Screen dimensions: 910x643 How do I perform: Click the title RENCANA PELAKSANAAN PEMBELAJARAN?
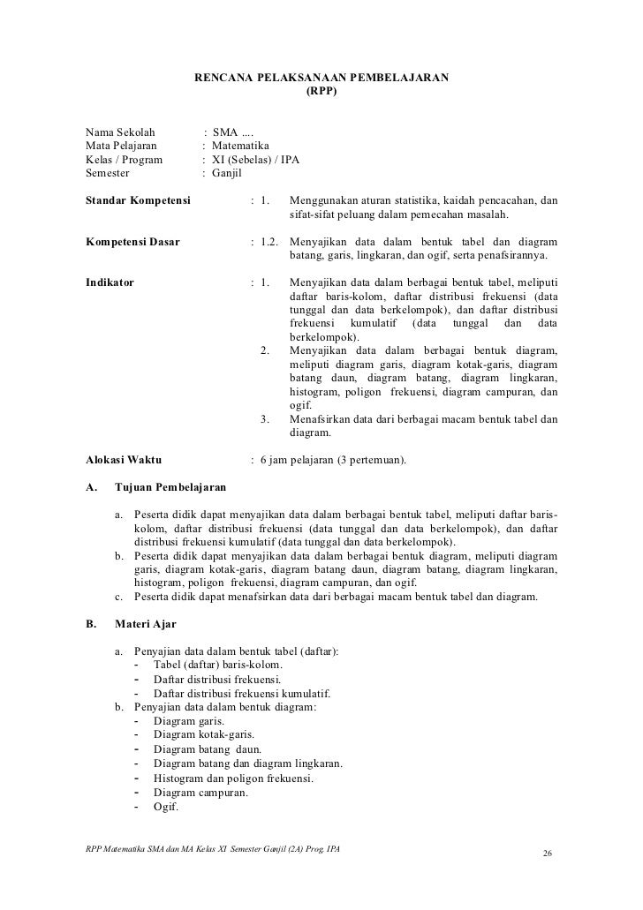tap(321, 79)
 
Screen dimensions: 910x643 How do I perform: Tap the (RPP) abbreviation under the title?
tap(321, 91)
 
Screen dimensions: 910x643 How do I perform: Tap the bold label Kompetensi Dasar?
tap(132, 242)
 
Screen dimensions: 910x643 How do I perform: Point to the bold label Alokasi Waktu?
tap(123, 459)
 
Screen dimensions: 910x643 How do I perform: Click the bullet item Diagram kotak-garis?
tap(203, 733)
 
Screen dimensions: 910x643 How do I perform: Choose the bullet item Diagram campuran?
tap(200, 793)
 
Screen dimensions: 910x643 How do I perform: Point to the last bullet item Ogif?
tap(166, 807)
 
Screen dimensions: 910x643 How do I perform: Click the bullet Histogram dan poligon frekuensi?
tap(233, 778)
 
